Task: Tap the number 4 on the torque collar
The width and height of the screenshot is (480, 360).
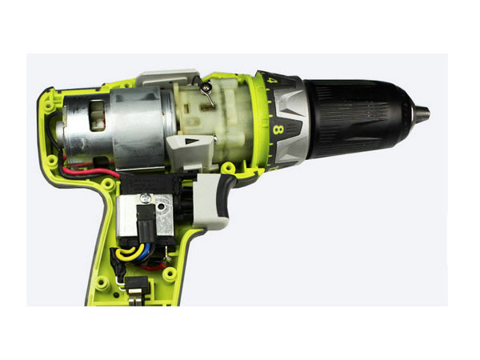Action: click(272, 81)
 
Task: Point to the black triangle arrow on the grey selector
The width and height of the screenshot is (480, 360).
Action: click(192, 142)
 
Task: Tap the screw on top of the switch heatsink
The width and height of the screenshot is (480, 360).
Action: click(145, 198)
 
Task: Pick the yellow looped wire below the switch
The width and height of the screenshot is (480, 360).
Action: click(129, 252)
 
